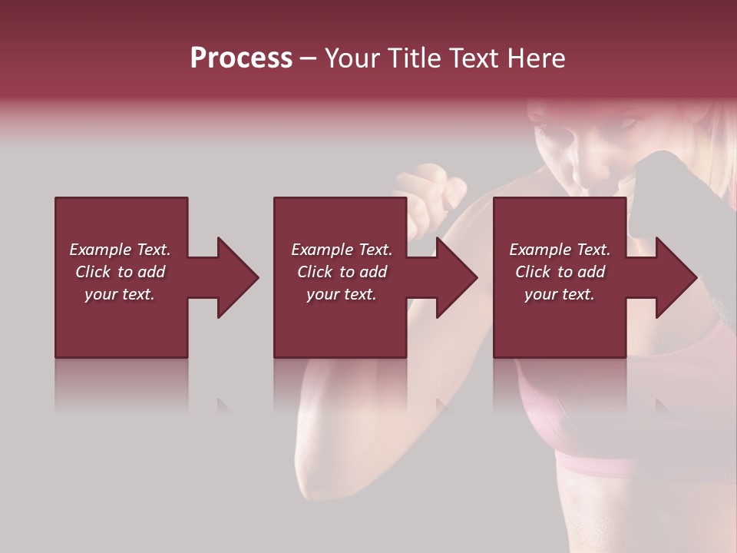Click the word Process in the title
241,58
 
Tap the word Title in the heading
413,58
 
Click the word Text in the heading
474,58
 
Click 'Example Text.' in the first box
120,250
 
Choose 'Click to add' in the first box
121,272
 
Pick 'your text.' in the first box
120,294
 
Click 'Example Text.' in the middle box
342,250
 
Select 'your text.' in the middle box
342,294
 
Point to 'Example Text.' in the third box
560,250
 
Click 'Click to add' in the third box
560,272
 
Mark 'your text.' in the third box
560,294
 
